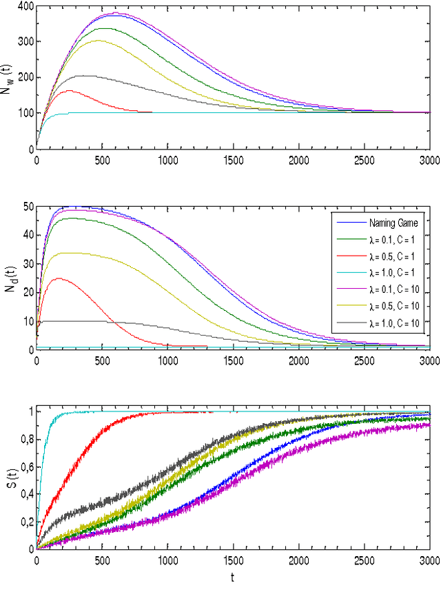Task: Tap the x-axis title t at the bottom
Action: [x=232, y=579]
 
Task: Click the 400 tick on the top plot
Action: [x=24, y=6]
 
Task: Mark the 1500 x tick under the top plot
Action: [x=232, y=160]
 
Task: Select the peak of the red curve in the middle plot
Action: [x=59, y=278]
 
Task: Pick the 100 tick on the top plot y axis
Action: [x=24, y=113]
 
